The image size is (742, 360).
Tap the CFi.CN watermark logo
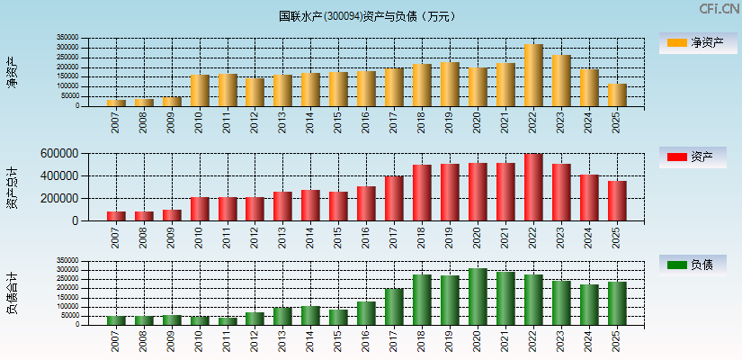pyautogui.click(x=720, y=9)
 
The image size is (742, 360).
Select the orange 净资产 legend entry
pyautogui.click(x=693, y=42)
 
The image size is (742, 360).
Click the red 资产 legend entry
pyautogui.click(x=693, y=157)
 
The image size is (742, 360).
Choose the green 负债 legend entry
pyautogui.click(x=693, y=265)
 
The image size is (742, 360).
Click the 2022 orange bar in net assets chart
pyautogui.click(x=533, y=76)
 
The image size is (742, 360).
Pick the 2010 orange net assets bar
pyautogui.click(x=200, y=91)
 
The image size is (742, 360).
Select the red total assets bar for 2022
pyautogui.click(x=533, y=187)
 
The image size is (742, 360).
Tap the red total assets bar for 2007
pyautogui.click(x=116, y=216)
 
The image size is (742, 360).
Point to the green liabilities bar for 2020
pyautogui.click(x=478, y=297)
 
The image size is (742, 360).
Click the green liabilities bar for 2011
pyautogui.click(x=228, y=320)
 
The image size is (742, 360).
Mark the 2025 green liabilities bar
pyautogui.click(x=617, y=303)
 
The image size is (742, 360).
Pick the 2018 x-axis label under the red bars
pyautogui.click(x=422, y=238)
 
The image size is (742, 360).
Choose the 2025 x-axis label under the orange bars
pyautogui.click(x=617, y=123)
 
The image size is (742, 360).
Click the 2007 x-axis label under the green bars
pyautogui.click(x=116, y=341)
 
